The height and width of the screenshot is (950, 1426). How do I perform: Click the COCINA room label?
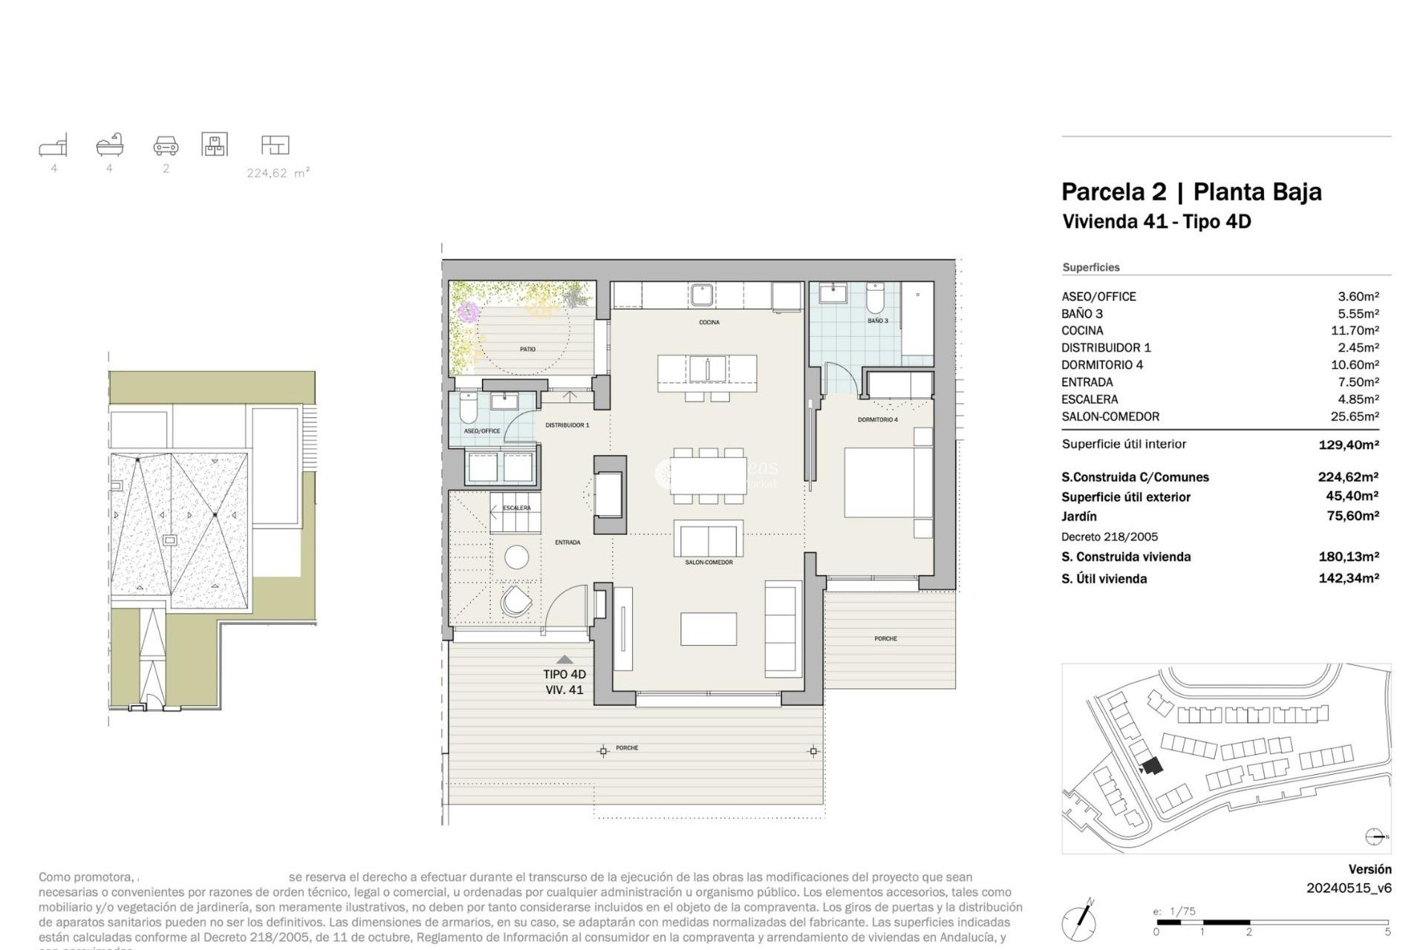pos(709,322)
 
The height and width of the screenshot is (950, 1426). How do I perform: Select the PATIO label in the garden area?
pos(527,349)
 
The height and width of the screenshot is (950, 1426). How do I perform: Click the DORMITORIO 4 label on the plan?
pos(877,420)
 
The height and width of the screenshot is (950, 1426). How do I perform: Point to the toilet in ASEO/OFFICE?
pos(469,407)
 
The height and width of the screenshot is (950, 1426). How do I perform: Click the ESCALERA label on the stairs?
pos(516,508)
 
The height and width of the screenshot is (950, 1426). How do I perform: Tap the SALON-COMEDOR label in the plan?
pos(709,563)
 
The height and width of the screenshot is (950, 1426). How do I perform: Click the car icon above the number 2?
pos(166,145)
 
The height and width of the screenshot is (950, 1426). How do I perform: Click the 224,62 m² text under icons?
pos(278,173)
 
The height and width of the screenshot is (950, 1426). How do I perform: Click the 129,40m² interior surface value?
pos(1349,445)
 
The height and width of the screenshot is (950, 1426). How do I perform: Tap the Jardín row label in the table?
pos(1078,516)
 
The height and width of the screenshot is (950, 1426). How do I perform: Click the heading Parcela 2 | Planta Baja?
pos(1191,191)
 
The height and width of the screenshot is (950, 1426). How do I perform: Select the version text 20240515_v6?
pos(1349,888)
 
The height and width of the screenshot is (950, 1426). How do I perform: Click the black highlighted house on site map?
pos(1152,766)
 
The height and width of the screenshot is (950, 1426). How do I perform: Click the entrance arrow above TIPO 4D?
pos(564,659)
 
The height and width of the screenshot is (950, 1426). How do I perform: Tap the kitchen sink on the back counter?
pos(702,295)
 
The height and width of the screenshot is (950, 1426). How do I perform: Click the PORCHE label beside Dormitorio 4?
pos(885,638)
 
